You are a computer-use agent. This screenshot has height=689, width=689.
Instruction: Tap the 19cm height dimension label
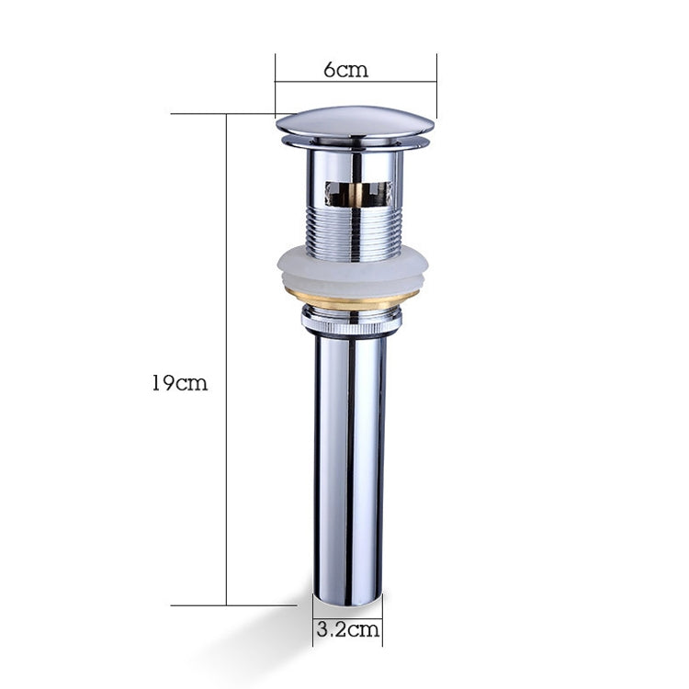[179, 383]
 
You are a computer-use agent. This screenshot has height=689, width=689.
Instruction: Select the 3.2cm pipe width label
[347, 631]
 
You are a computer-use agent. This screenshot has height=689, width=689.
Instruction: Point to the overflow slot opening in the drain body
[356, 192]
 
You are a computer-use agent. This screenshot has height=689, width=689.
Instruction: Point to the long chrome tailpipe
[350, 459]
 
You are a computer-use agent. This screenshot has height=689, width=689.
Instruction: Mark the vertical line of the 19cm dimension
[226, 358]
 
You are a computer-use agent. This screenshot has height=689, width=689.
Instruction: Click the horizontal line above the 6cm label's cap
[356, 82]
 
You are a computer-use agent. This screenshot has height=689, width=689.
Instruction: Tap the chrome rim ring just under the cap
[355, 144]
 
